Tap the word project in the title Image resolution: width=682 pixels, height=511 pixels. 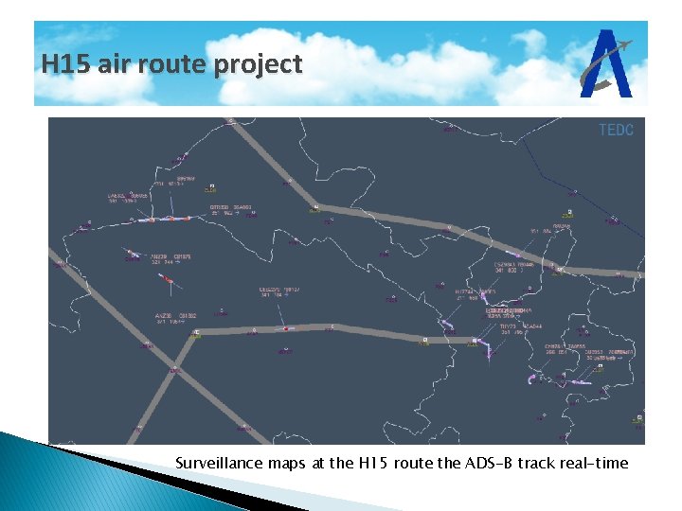(259, 66)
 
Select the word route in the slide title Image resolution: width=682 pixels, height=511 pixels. (181, 64)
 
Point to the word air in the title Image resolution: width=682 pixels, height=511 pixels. (119, 64)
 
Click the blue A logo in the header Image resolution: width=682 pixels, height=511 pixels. (609, 64)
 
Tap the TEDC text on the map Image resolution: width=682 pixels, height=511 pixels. (616, 130)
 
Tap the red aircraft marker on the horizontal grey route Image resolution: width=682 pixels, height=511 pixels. (281, 329)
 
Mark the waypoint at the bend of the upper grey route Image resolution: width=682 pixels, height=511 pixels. (314, 205)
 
